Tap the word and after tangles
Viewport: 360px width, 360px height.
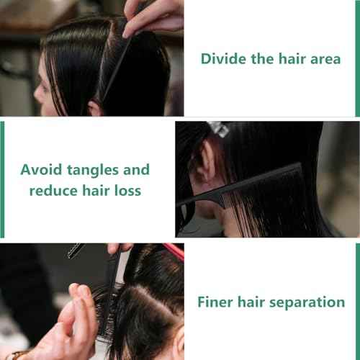tap(137, 170)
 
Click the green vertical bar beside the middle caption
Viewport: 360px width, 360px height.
tap(2, 179)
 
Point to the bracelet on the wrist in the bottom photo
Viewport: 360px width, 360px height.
tap(18, 354)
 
